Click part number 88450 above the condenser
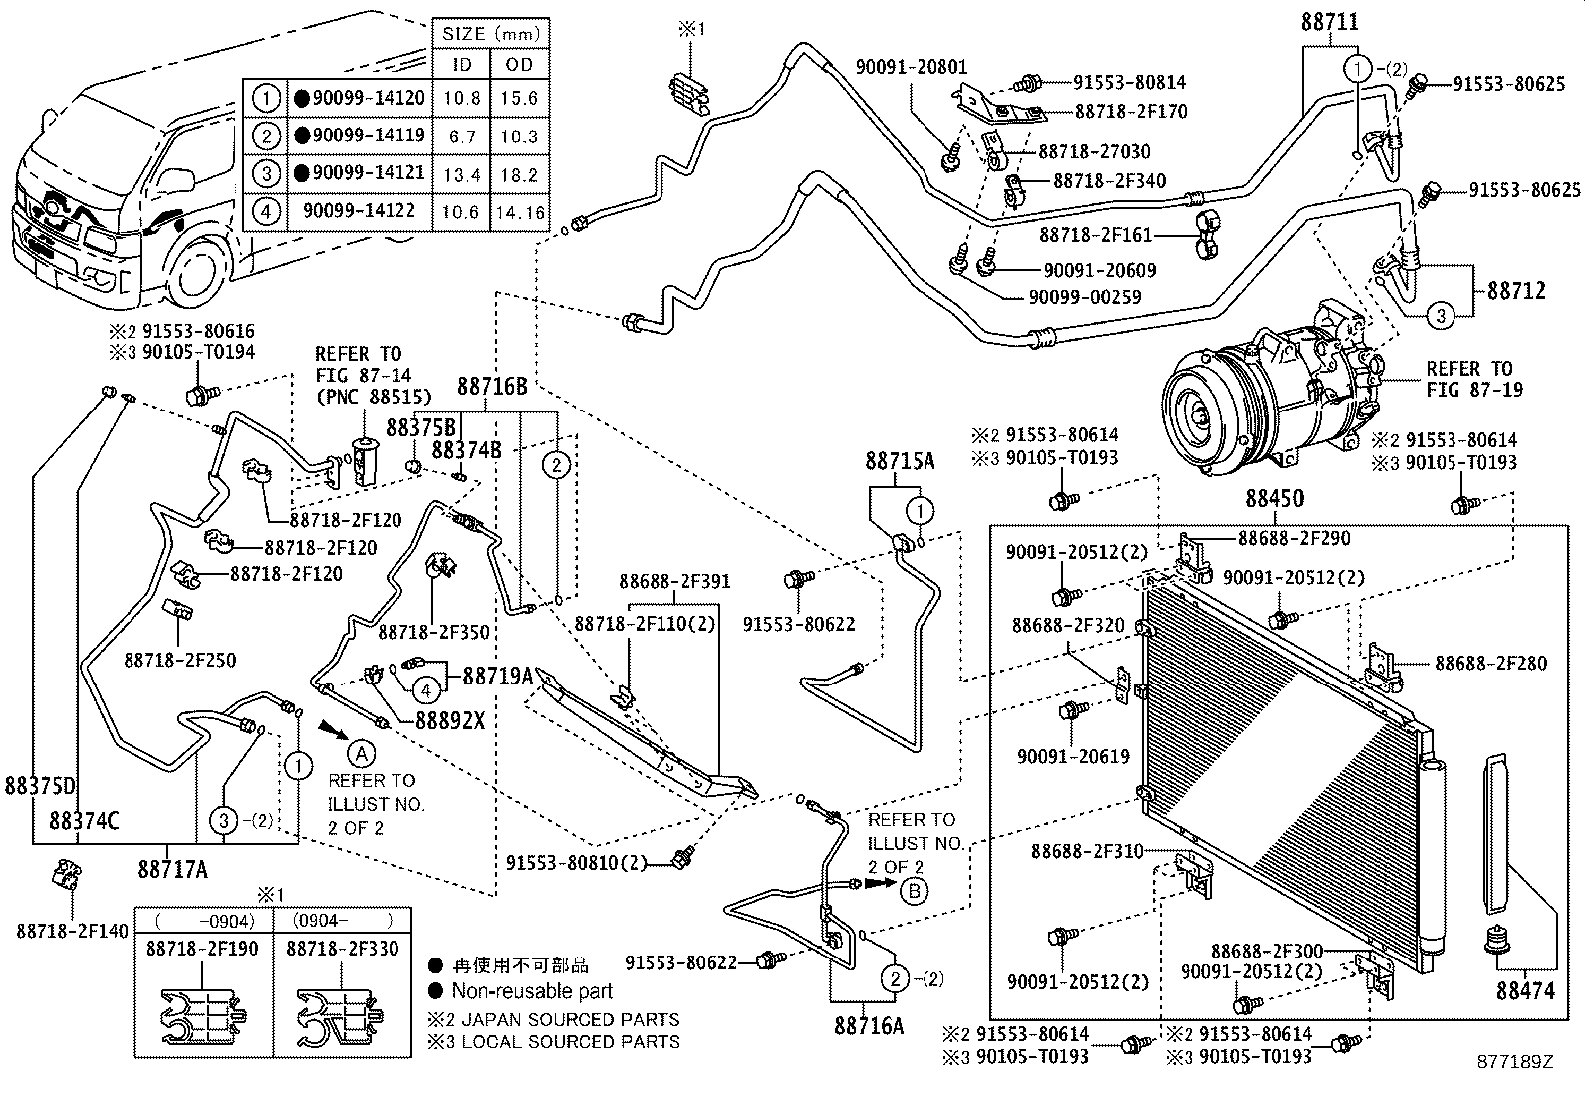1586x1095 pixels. click(x=1275, y=499)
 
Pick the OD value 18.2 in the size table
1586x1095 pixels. click(x=519, y=174)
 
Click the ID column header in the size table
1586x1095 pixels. click(x=462, y=64)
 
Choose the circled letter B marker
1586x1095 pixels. click(x=914, y=891)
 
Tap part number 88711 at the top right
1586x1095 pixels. click(x=1329, y=22)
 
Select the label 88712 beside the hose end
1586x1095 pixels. click(x=1516, y=290)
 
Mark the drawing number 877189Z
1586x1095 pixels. click(x=1516, y=1062)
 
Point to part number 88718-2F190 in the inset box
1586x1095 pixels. click(x=203, y=949)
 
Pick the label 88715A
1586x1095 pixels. click(x=900, y=461)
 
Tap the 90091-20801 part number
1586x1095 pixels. click(x=911, y=67)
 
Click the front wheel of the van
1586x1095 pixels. click(x=199, y=274)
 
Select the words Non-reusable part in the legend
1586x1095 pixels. click(x=532, y=991)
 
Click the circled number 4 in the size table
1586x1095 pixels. click(x=265, y=211)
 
